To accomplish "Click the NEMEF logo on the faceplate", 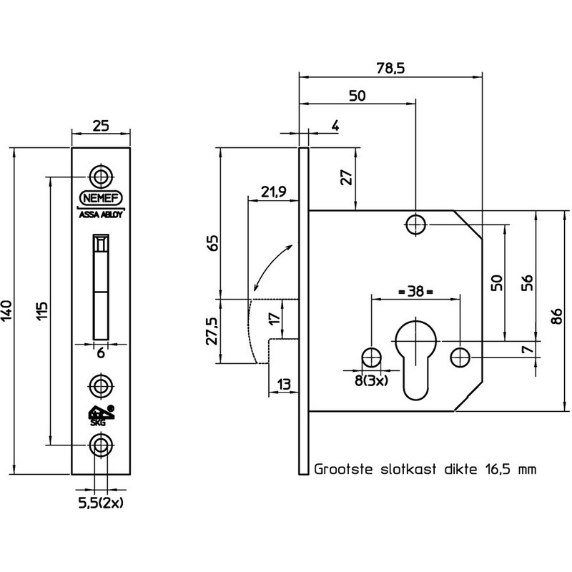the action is (101, 198).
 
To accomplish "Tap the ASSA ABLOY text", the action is (101, 215).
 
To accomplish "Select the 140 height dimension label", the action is (7, 311).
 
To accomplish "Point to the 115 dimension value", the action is (42, 311).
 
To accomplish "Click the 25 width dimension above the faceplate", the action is (101, 126).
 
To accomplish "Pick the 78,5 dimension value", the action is (390, 68).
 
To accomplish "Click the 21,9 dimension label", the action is (274, 191).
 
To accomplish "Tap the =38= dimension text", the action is (415, 292).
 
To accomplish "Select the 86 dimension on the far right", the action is (557, 317).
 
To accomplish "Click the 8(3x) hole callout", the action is (372, 381).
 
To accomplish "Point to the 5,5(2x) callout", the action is (101, 503).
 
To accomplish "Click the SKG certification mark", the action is (101, 415).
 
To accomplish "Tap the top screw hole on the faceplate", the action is (101, 177).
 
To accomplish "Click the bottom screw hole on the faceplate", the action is (101, 445).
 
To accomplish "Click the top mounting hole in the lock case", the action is (415, 225).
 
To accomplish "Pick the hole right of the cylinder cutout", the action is (460, 357).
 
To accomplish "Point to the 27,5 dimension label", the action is (212, 331).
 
